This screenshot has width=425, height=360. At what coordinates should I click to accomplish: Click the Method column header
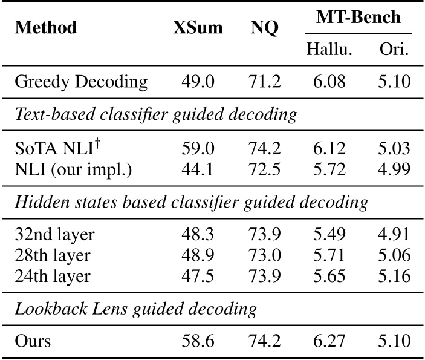coord(46,28)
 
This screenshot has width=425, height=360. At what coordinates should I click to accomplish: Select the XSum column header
coord(197,28)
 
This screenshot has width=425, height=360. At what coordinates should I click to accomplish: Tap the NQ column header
coord(265,28)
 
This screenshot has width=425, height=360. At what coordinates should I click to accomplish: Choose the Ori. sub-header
coord(394,49)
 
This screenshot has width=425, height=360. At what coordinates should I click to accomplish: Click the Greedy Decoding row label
coord(80,82)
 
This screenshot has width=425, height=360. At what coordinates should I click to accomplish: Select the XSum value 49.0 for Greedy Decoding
coord(197,82)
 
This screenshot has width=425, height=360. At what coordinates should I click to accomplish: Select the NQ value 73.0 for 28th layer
coord(265,254)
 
